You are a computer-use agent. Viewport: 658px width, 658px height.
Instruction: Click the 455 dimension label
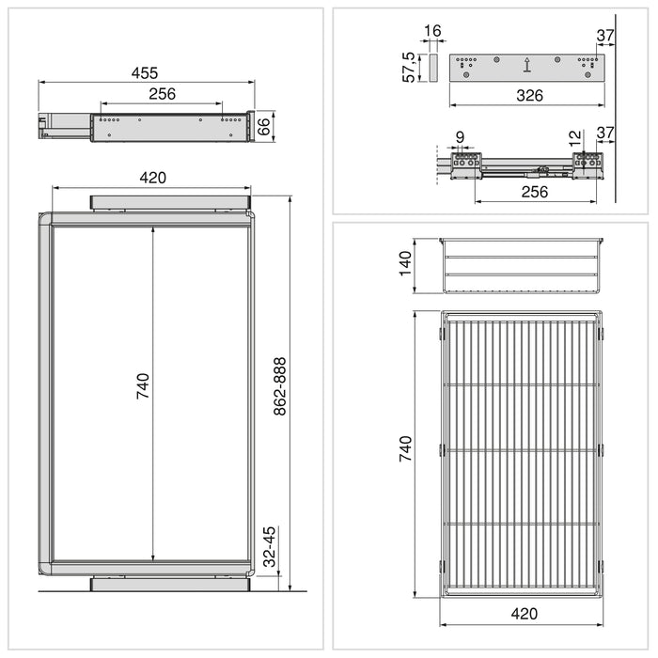point(144,72)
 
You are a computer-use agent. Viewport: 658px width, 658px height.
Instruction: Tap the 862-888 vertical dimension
point(280,388)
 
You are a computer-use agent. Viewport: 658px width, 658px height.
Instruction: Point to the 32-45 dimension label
point(269,547)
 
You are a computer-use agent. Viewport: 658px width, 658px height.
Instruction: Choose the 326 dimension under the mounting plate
point(526,95)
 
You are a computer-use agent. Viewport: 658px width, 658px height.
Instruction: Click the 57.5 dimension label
point(409,68)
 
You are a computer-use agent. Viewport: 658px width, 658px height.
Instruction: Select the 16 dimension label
point(432,32)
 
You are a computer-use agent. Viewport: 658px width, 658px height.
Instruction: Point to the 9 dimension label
point(460,138)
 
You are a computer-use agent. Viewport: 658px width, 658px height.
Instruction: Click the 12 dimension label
point(575,138)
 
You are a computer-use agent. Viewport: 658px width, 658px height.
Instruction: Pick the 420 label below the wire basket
point(524,614)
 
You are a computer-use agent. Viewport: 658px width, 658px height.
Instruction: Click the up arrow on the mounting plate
point(527,65)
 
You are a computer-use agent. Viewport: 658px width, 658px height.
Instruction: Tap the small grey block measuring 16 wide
point(432,68)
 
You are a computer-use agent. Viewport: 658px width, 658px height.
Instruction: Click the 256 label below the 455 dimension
point(162,94)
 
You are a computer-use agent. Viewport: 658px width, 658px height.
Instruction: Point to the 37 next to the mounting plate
point(604,36)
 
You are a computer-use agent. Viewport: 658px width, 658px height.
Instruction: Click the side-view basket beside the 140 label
point(522,266)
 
